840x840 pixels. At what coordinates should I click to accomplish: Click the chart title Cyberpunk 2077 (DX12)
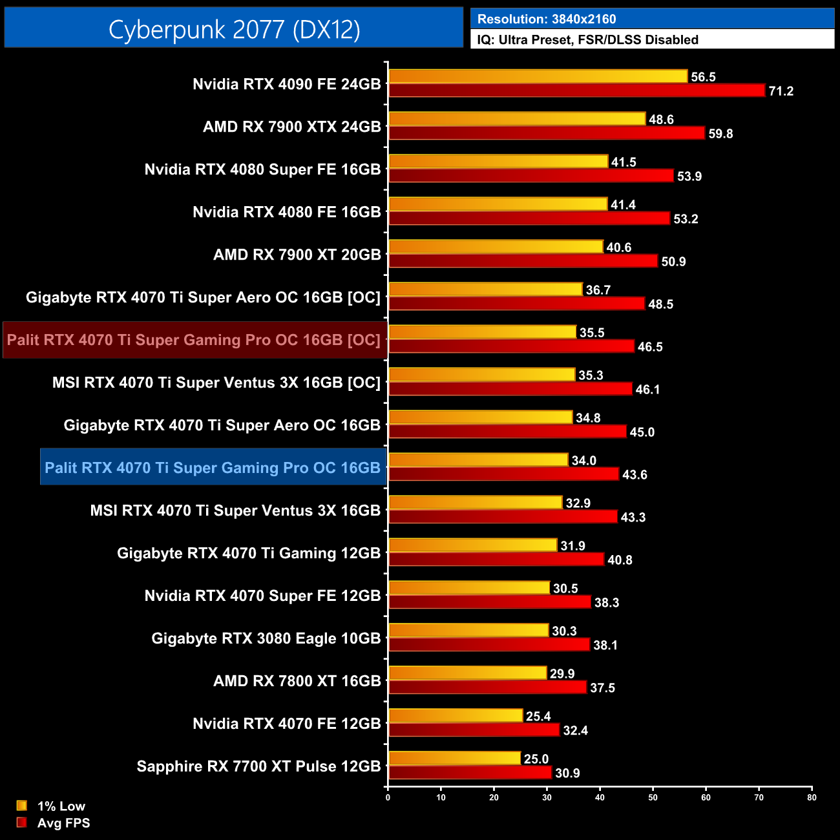coord(234,29)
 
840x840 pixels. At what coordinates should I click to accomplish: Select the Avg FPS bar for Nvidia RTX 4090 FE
coord(576,90)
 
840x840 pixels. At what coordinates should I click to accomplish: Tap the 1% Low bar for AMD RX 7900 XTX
coord(517,119)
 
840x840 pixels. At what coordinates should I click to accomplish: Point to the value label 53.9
coord(689,176)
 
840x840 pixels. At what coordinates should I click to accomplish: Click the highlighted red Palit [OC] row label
coord(194,340)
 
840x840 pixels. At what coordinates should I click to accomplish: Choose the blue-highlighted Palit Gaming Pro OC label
coord(213,468)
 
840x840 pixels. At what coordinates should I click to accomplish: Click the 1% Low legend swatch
coord(22,806)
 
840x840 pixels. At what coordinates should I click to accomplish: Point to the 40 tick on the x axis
coord(600,797)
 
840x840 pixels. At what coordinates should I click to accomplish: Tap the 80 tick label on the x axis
coord(812,797)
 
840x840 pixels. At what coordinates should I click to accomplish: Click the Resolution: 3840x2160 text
coord(547,19)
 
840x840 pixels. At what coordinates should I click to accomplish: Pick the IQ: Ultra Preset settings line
coord(587,40)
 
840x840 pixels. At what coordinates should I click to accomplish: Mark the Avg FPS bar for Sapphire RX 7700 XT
coord(470,773)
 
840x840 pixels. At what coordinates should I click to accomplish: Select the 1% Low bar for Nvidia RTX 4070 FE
coord(456,716)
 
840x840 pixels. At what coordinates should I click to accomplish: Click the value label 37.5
coord(602,688)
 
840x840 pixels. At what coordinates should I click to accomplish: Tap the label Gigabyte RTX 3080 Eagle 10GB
coord(266,638)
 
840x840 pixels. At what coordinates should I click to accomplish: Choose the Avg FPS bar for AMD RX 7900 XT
coord(523,261)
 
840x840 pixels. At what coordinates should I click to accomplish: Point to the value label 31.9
coord(572,546)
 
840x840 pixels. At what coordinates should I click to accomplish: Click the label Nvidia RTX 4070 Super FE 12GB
coord(262,596)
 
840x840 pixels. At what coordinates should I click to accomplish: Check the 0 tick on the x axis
coord(388,797)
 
